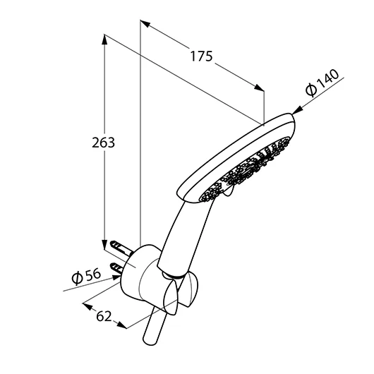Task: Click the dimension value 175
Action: click(x=201, y=56)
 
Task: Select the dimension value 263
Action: click(x=103, y=143)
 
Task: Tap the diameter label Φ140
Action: click(x=322, y=83)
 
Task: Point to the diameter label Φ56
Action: click(x=86, y=277)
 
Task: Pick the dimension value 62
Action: click(x=104, y=316)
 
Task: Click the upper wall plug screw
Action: click(x=121, y=248)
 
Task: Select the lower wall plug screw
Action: click(x=116, y=268)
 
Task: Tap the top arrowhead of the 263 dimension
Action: click(x=104, y=40)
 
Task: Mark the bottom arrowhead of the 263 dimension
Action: click(x=104, y=244)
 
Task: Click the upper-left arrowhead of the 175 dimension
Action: click(x=145, y=23)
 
